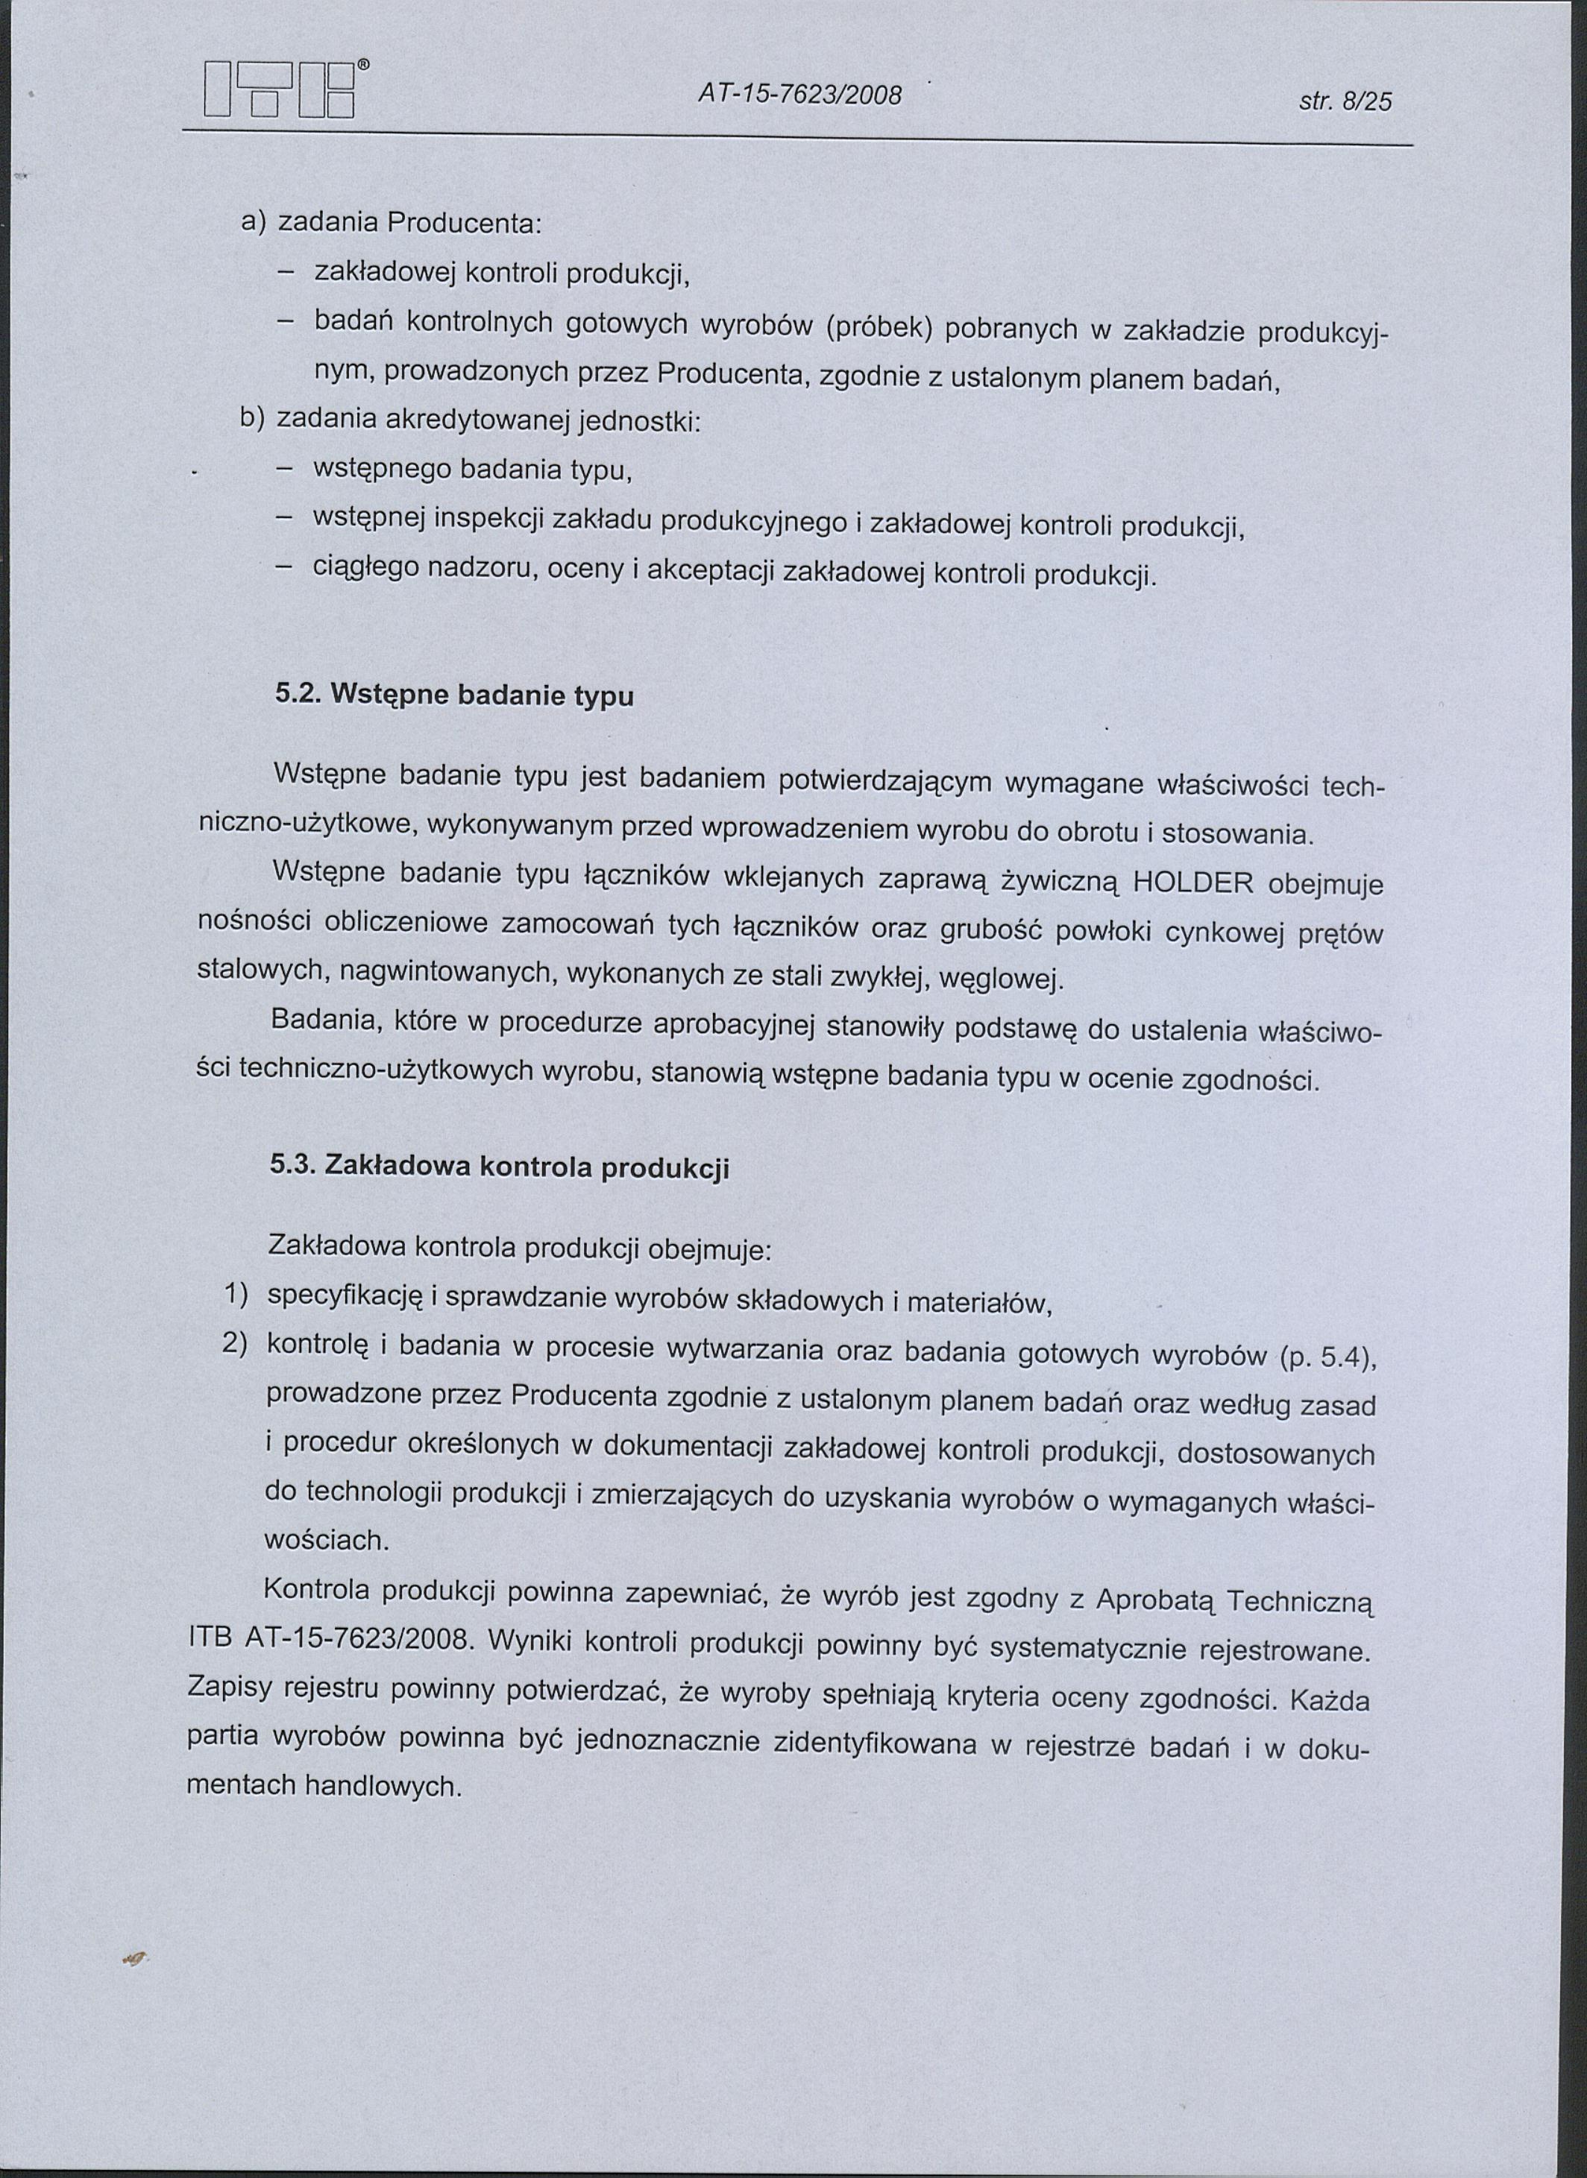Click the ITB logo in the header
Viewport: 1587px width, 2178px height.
click(x=281, y=91)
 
